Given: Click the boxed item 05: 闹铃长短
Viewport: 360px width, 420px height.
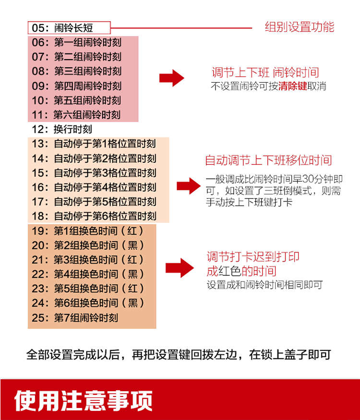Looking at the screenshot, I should point(69,27).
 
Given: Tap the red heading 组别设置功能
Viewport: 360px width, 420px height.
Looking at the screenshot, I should point(299,27).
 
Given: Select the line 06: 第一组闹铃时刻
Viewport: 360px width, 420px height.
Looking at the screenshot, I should point(77,42).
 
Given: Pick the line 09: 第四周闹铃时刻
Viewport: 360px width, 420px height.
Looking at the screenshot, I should point(77,86).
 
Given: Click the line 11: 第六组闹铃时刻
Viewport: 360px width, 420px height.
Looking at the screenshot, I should point(77,115).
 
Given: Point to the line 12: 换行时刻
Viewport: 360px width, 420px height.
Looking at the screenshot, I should point(62,129).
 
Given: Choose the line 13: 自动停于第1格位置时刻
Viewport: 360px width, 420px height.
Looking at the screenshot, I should point(94,144).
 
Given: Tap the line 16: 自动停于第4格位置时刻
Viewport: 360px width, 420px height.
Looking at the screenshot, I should point(94,187).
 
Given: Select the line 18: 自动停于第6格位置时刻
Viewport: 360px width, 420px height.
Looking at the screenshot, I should point(94,216).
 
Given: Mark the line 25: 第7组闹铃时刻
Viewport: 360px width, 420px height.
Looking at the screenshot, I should point(75,318).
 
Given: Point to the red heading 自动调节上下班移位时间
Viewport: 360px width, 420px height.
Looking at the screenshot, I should point(268,160).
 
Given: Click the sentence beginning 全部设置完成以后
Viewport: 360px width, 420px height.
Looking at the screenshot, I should point(179,355).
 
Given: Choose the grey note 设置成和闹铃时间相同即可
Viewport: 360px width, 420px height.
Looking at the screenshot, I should point(264,284).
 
